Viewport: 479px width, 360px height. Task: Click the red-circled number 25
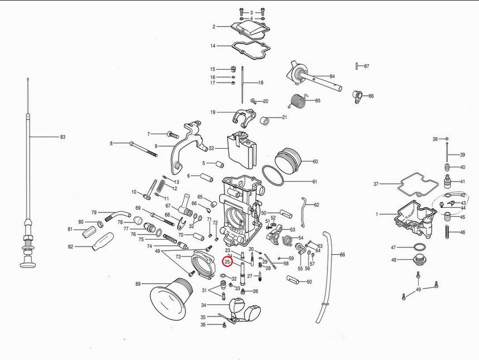[227, 261]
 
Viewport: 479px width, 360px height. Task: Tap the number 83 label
[62, 137]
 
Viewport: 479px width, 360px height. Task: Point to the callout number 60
[315, 162]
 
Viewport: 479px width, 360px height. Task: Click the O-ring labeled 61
[272, 176]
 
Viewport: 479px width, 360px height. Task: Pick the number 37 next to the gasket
[376, 184]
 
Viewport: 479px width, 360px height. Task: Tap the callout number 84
[332, 76]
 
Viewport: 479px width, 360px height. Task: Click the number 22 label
[211, 148]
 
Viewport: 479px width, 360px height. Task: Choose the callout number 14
[213, 46]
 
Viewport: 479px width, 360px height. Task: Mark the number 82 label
[70, 246]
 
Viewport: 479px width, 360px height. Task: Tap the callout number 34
[204, 305]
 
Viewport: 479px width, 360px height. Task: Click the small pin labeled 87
[355, 66]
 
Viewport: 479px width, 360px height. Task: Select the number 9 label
[157, 146]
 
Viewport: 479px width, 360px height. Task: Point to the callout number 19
[213, 112]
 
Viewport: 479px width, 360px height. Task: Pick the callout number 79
[94, 212]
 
